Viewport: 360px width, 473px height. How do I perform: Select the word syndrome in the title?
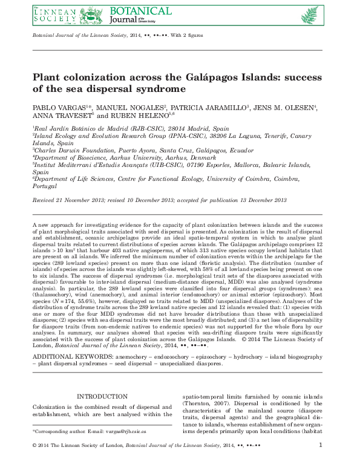tap(163, 89)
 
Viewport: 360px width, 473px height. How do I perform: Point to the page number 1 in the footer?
tap(320, 463)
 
